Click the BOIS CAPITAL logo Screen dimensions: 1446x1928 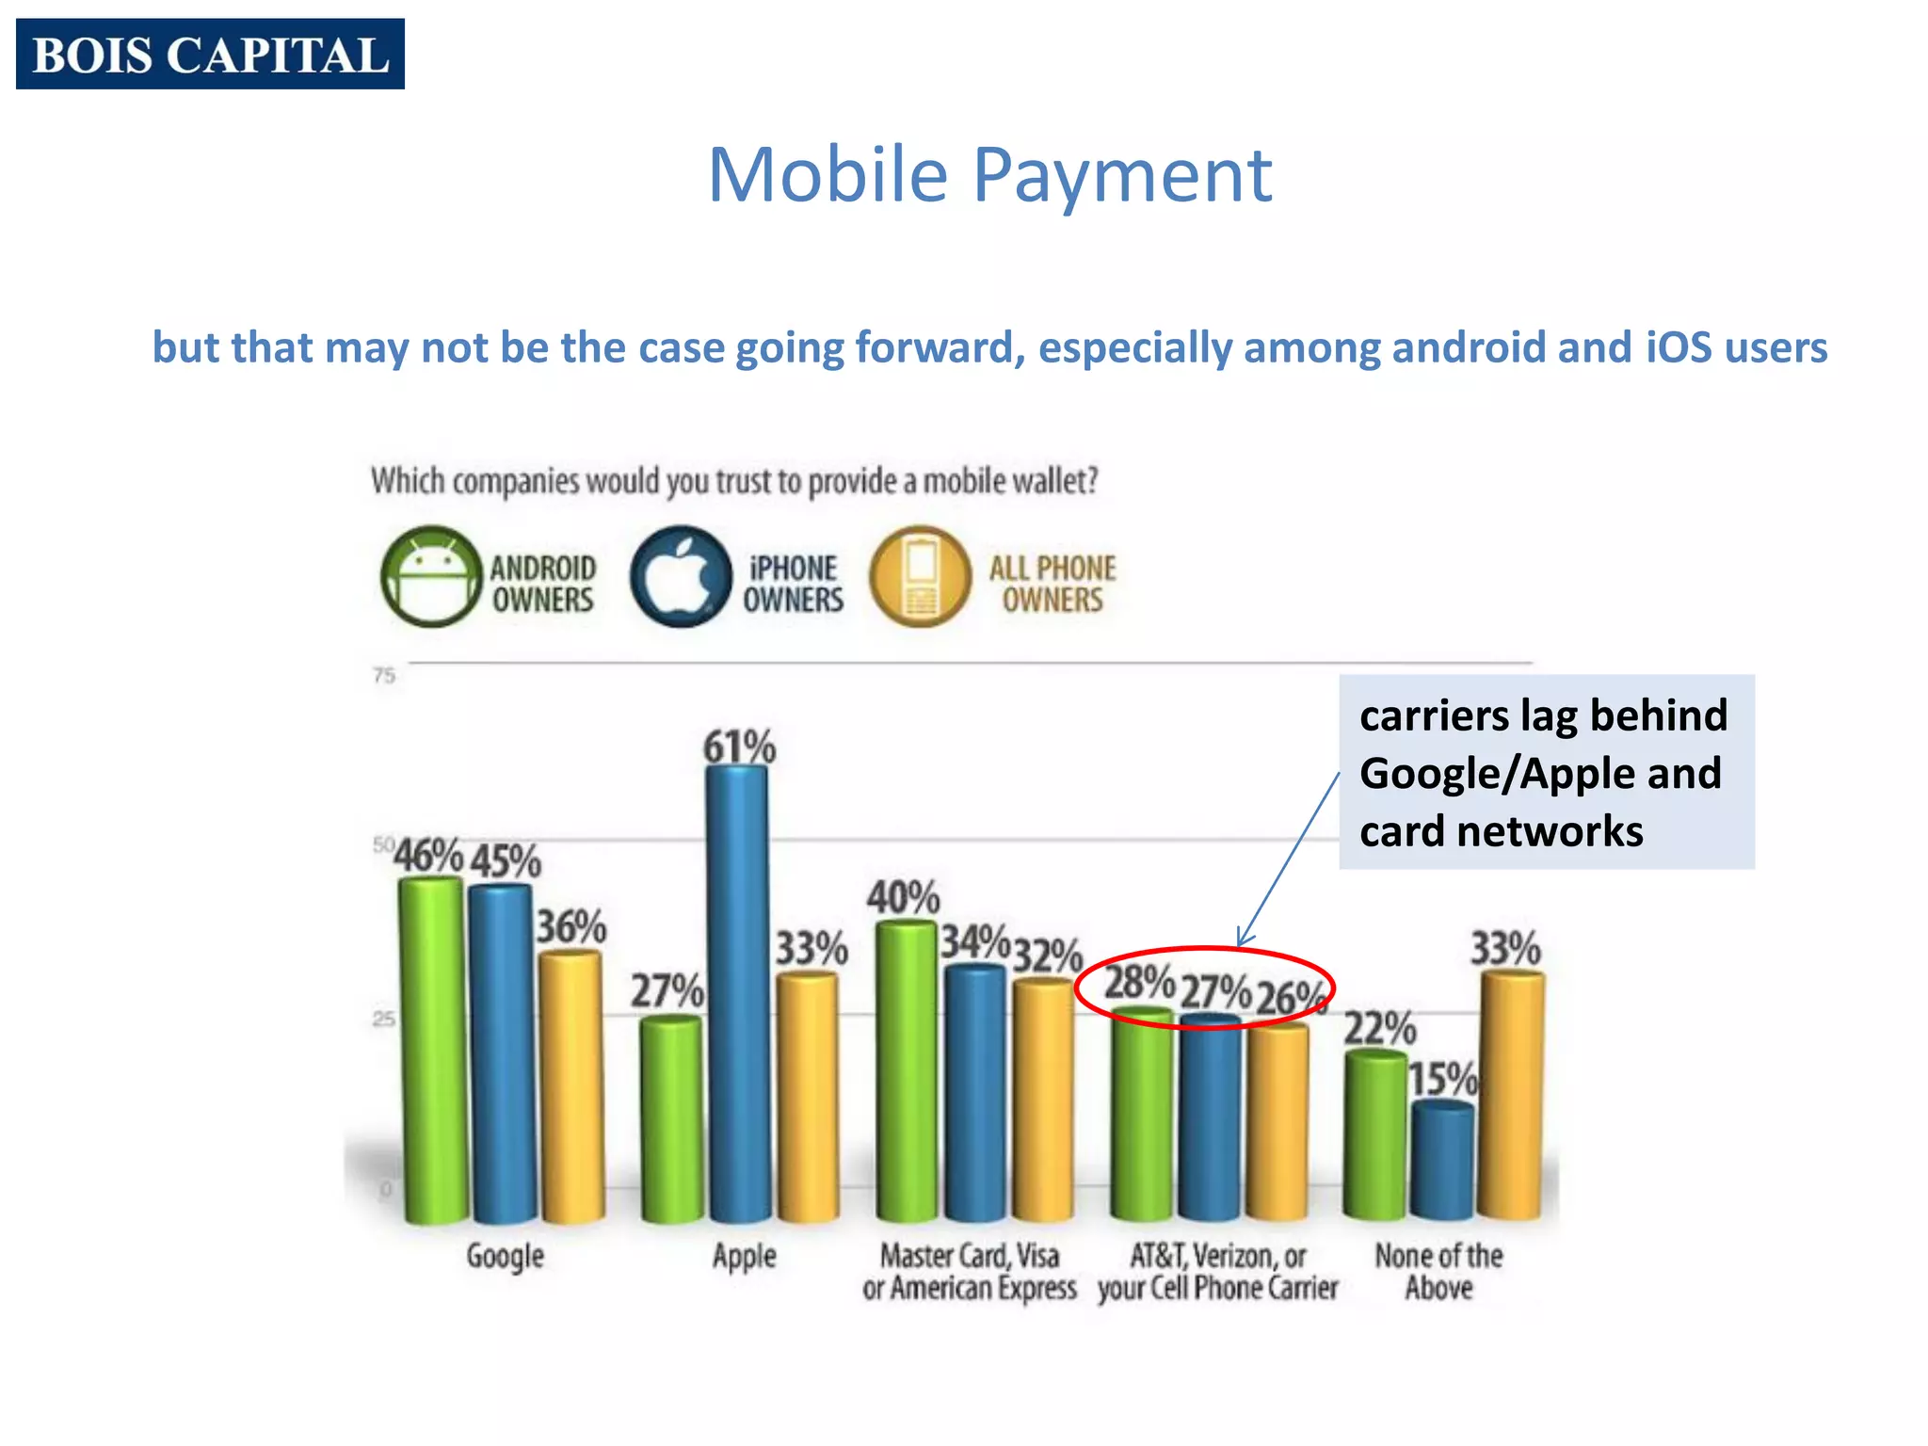[210, 54]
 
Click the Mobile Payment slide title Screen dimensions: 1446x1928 [989, 175]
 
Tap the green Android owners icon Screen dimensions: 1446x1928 [431, 577]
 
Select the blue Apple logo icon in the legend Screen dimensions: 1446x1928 [680, 577]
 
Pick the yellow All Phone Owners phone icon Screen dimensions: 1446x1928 [920, 577]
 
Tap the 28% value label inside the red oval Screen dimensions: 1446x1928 [1139, 983]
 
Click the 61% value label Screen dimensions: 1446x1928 [739, 747]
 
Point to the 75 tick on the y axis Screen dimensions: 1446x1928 [384, 675]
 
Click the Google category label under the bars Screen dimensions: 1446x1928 [506, 1256]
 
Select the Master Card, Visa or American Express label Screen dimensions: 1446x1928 [969, 1271]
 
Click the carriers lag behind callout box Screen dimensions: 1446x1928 [1546, 772]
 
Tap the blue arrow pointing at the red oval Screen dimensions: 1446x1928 [1290, 857]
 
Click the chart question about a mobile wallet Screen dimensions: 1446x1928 [734, 481]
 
